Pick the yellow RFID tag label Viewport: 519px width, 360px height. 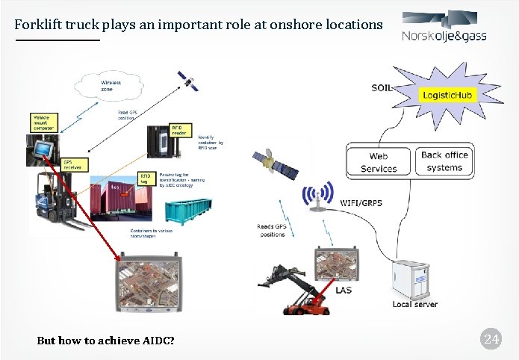[x=146, y=178]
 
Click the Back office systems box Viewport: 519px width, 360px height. [x=444, y=161]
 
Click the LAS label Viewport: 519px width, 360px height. [x=344, y=290]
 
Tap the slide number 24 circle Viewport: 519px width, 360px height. [x=491, y=341]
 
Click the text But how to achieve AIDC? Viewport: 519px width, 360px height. [x=105, y=341]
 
